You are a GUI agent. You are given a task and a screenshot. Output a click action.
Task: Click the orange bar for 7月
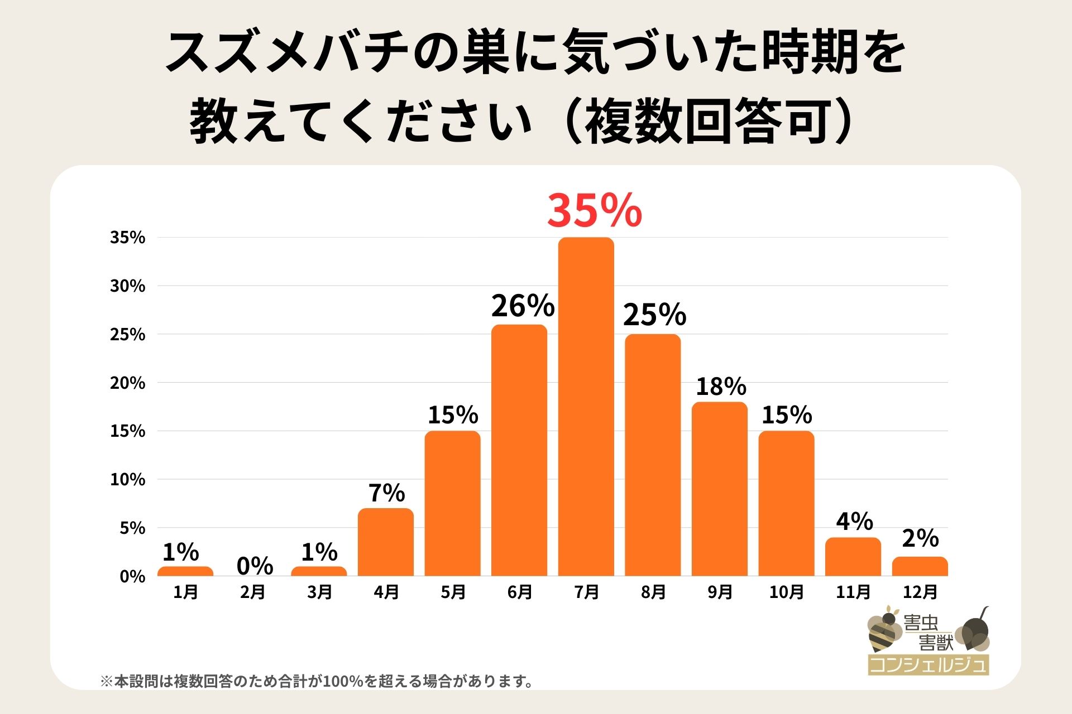[x=586, y=407]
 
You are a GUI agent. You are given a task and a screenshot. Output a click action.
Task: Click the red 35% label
[x=594, y=211]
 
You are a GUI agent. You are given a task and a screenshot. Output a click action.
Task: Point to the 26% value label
[x=523, y=306]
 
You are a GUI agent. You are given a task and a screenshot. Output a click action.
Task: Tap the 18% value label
[x=721, y=387]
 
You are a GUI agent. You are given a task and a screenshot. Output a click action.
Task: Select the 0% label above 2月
[x=255, y=566]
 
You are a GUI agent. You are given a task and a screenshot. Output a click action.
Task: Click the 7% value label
[x=386, y=493]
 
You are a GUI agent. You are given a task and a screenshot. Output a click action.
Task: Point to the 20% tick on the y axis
[x=127, y=383]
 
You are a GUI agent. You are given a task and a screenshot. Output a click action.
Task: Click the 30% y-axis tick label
[x=127, y=286]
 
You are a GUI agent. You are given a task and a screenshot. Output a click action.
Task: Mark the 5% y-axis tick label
[x=132, y=528]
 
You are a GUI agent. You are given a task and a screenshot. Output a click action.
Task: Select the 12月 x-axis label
[x=920, y=592]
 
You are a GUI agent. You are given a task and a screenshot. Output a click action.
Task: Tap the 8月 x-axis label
[x=653, y=592]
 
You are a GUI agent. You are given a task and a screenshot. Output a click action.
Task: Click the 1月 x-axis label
[x=185, y=592]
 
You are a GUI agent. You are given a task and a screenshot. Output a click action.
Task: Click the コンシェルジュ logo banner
[x=928, y=665]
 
